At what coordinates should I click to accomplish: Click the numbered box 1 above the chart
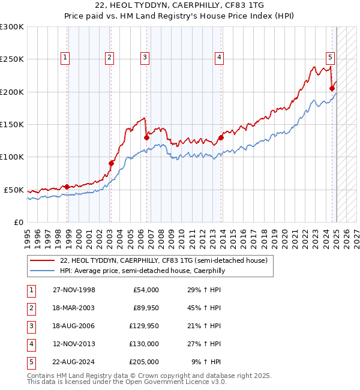[x=65, y=58]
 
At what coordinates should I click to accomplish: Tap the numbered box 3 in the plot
[x=145, y=58]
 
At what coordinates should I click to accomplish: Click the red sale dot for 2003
[x=111, y=163]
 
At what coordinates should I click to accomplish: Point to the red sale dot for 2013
[x=221, y=137]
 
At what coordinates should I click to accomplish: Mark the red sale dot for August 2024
[x=332, y=88]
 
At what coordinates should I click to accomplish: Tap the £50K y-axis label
[x=14, y=190]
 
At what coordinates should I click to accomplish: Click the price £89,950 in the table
[x=144, y=308]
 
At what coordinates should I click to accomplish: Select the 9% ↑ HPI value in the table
[x=207, y=362]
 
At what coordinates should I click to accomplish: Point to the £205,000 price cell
[x=144, y=362]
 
